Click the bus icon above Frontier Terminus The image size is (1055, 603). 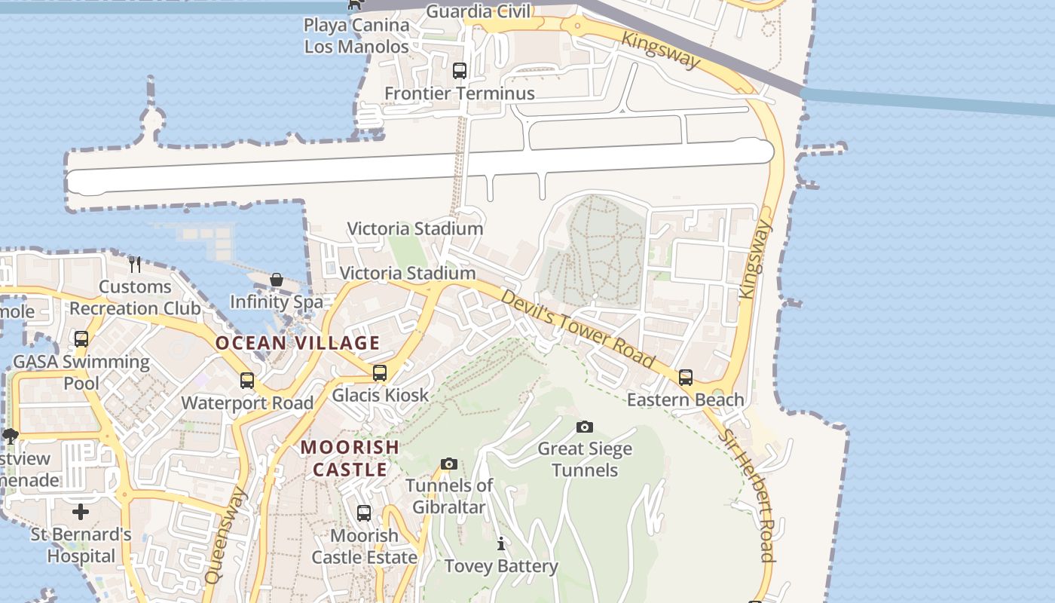point(460,71)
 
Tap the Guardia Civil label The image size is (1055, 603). point(479,11)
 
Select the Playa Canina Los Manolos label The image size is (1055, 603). point(356,35)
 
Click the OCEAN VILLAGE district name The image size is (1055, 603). point(298,343)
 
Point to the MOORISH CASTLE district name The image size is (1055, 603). point(350,458)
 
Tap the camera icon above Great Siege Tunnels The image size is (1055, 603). point(584,427)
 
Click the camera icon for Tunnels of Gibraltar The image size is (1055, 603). point(449,464)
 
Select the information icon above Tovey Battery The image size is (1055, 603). point(501,543)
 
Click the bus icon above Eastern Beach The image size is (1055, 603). point(686,377)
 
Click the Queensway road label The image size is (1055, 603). point(225,535)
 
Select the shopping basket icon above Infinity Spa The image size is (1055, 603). point(277,280)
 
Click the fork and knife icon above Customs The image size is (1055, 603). point(135,264)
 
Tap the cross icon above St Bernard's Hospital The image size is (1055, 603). point(81,513)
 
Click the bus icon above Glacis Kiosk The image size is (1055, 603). point(380,373)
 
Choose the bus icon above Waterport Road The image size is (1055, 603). point(246,381)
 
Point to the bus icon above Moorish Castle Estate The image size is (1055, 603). point(364,513)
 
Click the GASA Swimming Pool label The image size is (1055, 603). point(81,372)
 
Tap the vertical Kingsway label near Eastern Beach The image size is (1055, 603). point(756,259)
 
